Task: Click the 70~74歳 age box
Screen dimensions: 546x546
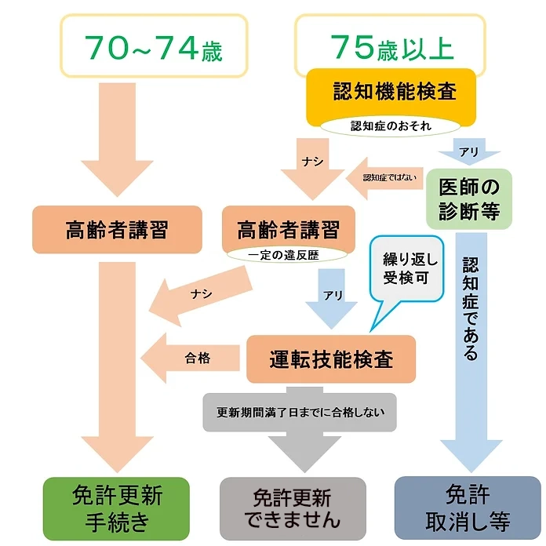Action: [x=154, y=47]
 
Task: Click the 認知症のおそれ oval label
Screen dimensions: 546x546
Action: [x=391, y=126]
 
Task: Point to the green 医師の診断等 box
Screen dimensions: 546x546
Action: [x=468, y=198]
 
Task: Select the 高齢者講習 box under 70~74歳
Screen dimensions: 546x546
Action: [x=117, y=230]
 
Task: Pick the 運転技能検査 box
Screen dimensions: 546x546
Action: [x=329, y=359]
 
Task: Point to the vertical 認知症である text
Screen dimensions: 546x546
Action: [x=469, y=307]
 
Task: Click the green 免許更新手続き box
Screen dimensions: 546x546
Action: [x=117, y=507]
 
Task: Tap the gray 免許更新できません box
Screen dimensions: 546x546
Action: [x=292, y=508]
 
